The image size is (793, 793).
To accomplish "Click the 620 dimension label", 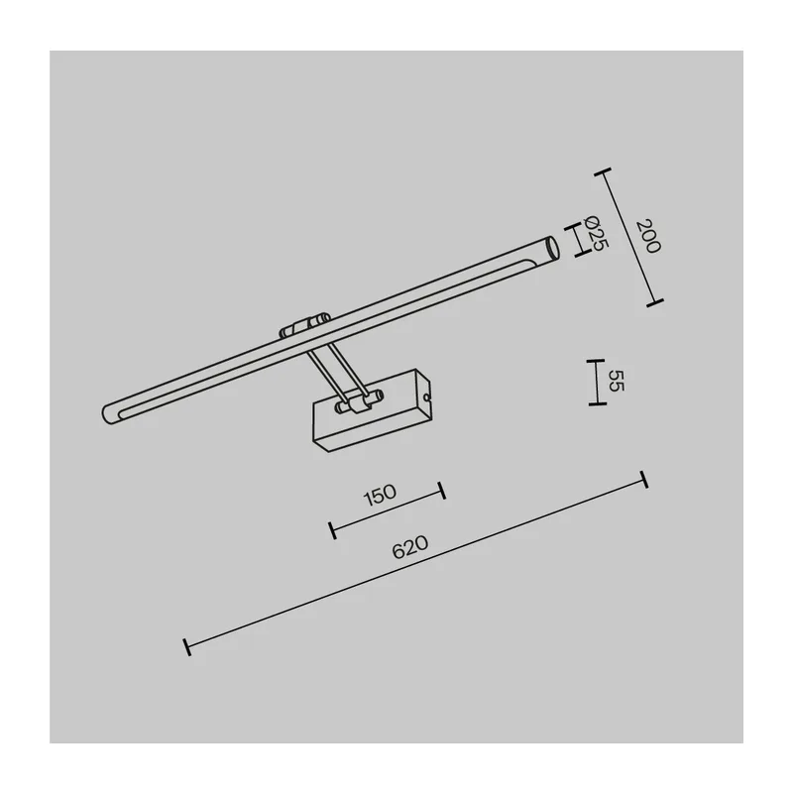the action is click(x=410, y=547).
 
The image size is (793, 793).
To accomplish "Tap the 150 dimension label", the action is click(x=381, y=495).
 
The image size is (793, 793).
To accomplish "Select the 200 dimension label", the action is click(x=648, y=236).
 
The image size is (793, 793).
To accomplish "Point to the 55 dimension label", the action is click(x=616, y=381).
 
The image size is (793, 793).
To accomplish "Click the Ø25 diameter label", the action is click(x=596, y=233).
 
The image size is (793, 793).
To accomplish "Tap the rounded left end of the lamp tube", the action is click(x=108, y=413).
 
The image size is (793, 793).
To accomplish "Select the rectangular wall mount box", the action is click(x=374, y=410).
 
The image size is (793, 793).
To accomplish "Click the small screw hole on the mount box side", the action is click(x=428, y=398).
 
